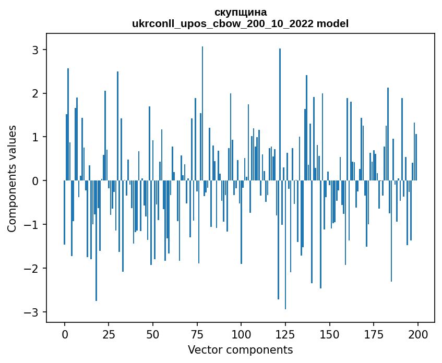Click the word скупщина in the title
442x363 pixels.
[241, 12]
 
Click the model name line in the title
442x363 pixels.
[241, 23]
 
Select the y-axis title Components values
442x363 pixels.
[12, 178]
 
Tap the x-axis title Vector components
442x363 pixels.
[240, 349]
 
